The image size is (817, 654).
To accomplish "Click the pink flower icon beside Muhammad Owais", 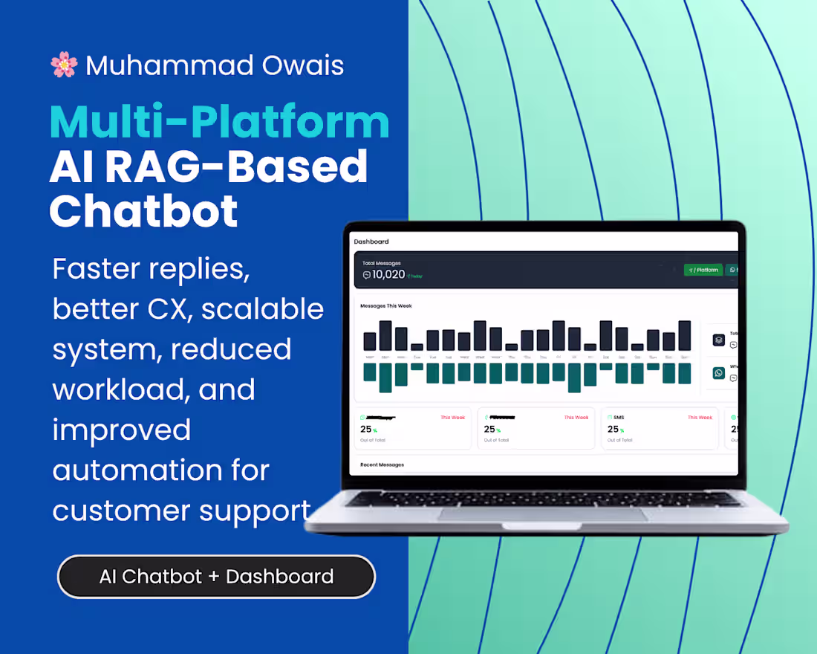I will tap(64, 65).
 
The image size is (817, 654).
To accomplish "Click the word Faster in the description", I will tap(95, 268).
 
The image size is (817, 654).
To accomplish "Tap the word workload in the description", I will tap(126, 389).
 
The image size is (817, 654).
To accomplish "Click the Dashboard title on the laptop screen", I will tap(371, 242).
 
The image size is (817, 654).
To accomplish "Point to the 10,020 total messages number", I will tap(388, 274).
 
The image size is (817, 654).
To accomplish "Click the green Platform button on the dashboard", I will tap(703, 270).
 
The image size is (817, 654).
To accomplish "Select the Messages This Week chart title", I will tap(385, 305).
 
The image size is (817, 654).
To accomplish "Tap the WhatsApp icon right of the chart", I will tap(718, 373).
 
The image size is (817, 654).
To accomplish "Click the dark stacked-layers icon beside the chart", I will tap(718, 340).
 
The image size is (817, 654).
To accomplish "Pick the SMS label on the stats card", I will tap(619, 418).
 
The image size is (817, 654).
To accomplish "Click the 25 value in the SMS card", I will tap(613, 429).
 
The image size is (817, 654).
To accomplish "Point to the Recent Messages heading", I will tap(382, 464).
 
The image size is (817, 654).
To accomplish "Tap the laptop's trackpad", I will tap(542, 514).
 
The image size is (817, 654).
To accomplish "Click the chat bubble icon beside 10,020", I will tap(366, 275).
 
